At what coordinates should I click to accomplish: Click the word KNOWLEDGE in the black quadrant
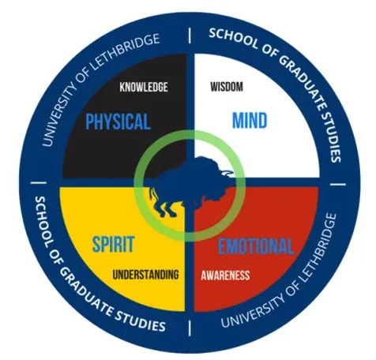tap(144, 87)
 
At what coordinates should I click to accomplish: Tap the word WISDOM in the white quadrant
tap(227, 87)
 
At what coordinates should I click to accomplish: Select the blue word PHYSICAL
tap(118, 122)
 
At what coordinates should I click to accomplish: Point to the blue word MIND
tap(250, 120)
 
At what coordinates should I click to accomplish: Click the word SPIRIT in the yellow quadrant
tap(113, 244)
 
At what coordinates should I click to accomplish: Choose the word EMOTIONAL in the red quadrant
tap(256, 246)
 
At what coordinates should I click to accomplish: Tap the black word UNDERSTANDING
tap(145, 275)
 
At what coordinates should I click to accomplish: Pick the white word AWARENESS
tap(225, 276)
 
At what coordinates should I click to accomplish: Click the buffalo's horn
tap(227, 173)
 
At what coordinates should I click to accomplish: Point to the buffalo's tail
tap(152, 193)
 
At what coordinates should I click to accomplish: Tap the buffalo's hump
tap(204, 161)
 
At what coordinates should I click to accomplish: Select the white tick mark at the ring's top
tap(190, 36)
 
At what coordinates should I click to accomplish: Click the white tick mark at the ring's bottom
tap(190, 328)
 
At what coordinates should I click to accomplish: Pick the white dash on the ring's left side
tap(39, 182)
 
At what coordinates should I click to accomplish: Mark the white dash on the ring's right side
tap(338, 184)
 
